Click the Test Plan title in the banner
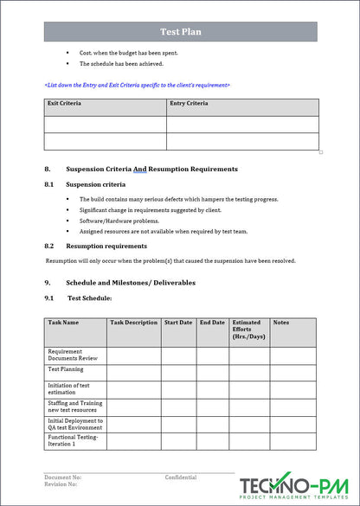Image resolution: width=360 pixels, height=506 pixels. coord(181,32)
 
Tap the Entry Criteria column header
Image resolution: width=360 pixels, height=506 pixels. coord(189,104)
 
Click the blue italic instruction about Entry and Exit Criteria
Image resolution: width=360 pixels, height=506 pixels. coord(137,85)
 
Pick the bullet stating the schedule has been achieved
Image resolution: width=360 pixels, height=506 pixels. coord(121,63)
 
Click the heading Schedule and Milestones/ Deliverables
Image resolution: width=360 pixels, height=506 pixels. coord(131,283)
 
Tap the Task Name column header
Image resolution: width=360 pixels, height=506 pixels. coord(64,322)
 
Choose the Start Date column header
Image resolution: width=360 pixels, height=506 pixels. coord(178,322)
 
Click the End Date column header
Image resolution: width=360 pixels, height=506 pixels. coord(212,322)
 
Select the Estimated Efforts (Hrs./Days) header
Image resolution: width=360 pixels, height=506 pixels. coord(247,329)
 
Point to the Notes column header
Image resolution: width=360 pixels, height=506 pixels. coord(281,322)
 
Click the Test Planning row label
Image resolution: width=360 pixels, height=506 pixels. coord(65,368)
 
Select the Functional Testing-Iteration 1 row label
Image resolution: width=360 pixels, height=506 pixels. coord(74,440)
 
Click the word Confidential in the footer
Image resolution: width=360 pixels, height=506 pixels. coord(181,477)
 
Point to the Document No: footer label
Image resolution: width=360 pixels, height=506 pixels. coord(63,477)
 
